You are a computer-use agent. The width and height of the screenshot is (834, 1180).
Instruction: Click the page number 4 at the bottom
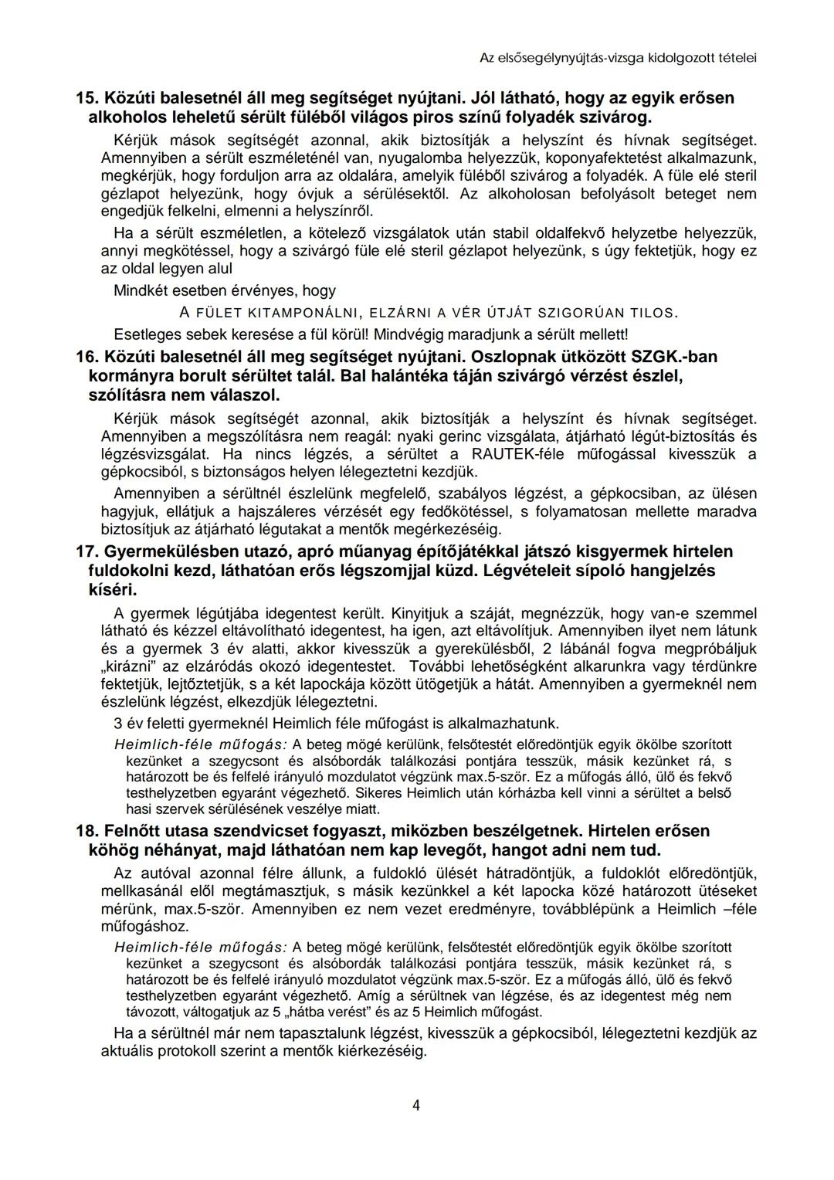pyautogui.click(x=416, y=1105)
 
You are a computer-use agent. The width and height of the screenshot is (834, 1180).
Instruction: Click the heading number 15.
pyautogui.click(x=86, y=98)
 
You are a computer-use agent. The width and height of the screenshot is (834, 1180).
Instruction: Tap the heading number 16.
pyautogui.click(x=86, y=358)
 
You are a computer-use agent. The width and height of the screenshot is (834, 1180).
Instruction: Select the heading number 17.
pyautogui.click(x=86, y=552)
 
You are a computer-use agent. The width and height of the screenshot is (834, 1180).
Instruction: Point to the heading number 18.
pyautogui.click(x=86, y=832)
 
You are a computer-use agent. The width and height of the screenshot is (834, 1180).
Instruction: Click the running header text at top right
pyautogui.click(x=618, y=58)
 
